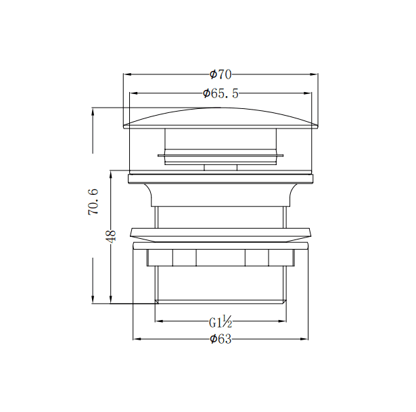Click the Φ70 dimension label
[221, 74]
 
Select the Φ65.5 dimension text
[221, 94]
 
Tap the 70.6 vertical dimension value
[94, 202]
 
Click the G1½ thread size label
[221, 321]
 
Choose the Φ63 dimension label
[221, 339]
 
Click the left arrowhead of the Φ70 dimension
[126, 74]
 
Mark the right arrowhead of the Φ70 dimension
[315, 74]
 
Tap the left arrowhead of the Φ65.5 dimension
[133, 94]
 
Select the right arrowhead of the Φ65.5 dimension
[308, 94]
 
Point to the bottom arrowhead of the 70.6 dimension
[93, 300]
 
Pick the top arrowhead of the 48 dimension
[111, 173]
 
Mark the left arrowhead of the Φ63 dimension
[136, 339]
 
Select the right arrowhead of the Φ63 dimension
[305, 339]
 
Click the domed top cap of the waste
[221, 116]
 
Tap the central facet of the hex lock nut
[221, 258]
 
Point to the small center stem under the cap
[221, 166]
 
